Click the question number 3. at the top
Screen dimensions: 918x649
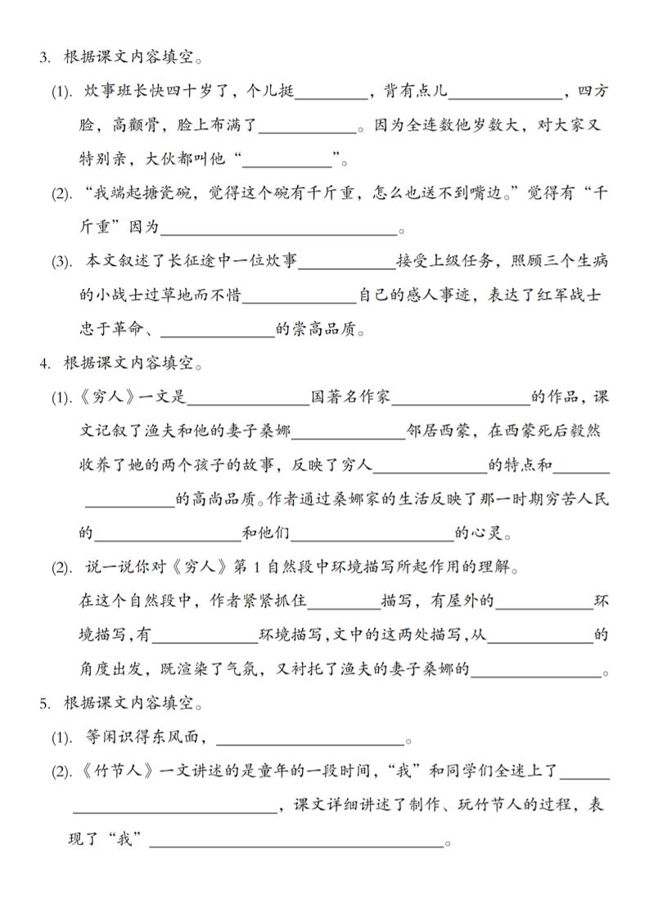(46, 56)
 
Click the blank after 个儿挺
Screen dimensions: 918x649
(331, 93)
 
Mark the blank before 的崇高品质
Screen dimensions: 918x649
(218, 331)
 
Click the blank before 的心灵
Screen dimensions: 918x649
(372, 535)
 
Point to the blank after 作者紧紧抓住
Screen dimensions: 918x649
(343, 603)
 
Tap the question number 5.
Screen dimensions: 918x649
(46, 704)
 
